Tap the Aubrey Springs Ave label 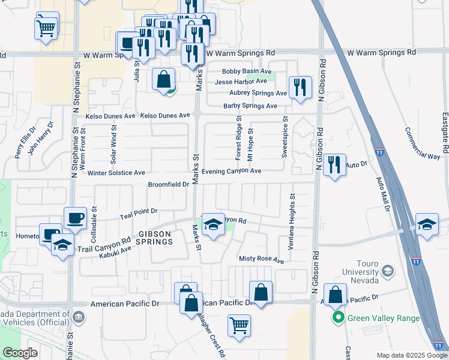pos(258,93)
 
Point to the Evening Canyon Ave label pos(231,172)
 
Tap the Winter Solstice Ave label pos(116,173)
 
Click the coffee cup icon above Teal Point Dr pos(75,218)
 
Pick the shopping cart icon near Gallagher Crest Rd pos(239,326)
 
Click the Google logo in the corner pos(20,352)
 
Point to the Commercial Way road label pos(422,143)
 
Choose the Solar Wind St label pos(112,144)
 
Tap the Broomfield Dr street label pos(169,185)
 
